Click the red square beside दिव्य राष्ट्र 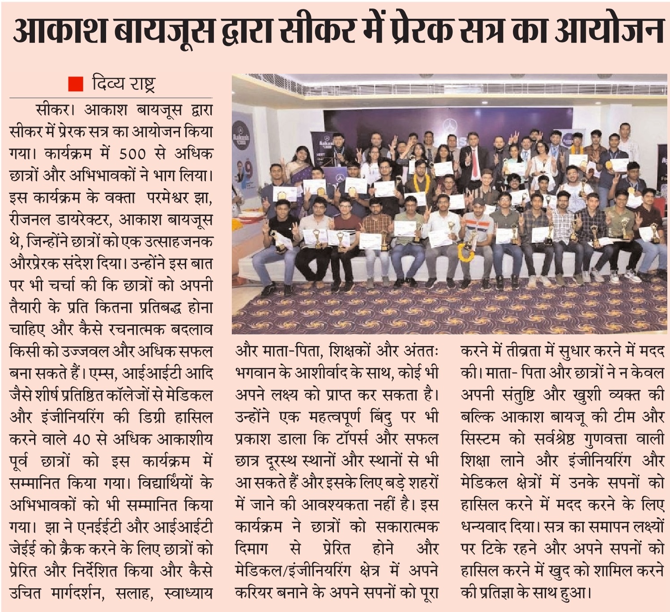pos(76,84)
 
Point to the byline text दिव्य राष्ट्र pos(123,84)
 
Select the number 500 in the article pos(132,154)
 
